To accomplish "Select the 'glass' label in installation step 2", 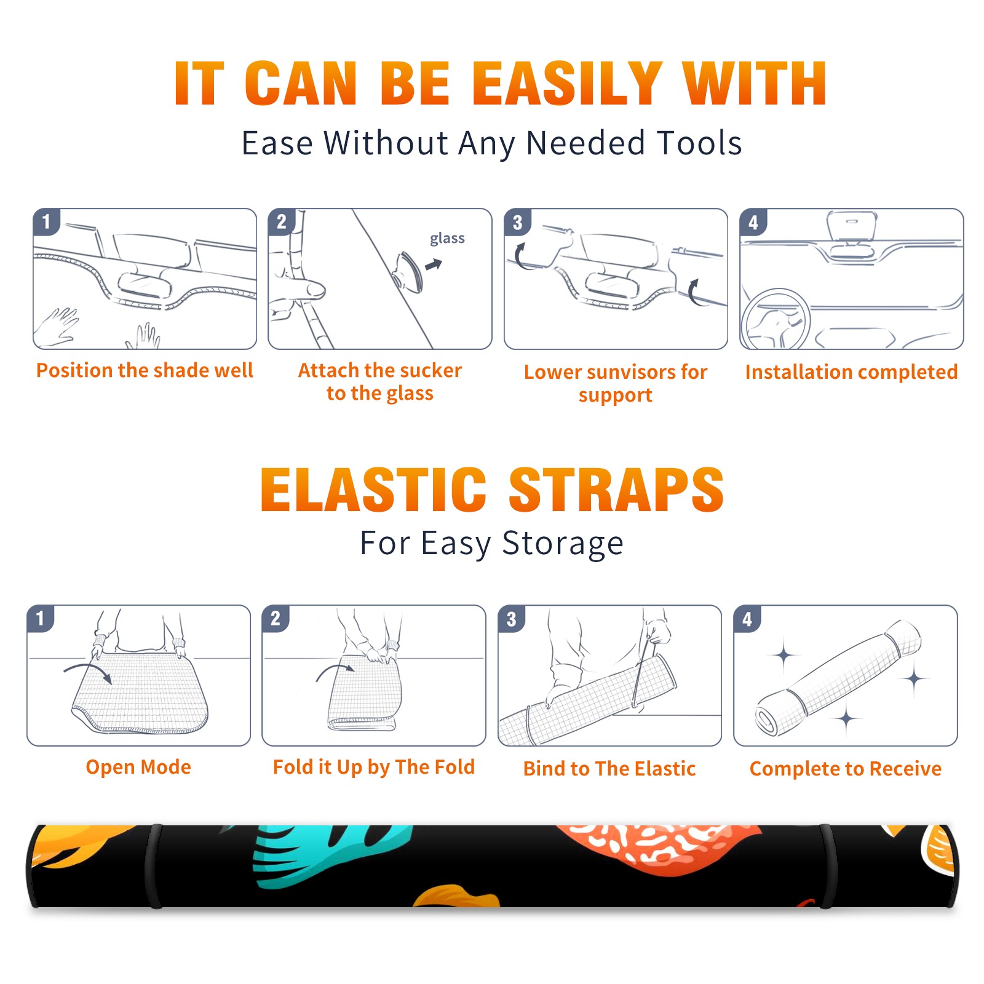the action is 447,239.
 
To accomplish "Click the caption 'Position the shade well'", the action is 145,370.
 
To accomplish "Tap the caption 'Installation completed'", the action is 851,372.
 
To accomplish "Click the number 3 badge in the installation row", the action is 517,222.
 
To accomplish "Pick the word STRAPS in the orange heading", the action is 616,490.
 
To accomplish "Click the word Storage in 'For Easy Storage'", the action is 563,544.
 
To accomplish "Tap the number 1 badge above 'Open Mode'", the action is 41,618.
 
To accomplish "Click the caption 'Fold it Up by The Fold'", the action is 374,767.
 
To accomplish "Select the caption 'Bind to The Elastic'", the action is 609,769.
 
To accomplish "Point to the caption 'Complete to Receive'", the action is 846,769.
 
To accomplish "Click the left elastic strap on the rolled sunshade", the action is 154,866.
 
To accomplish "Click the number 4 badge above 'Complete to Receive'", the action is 747,619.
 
